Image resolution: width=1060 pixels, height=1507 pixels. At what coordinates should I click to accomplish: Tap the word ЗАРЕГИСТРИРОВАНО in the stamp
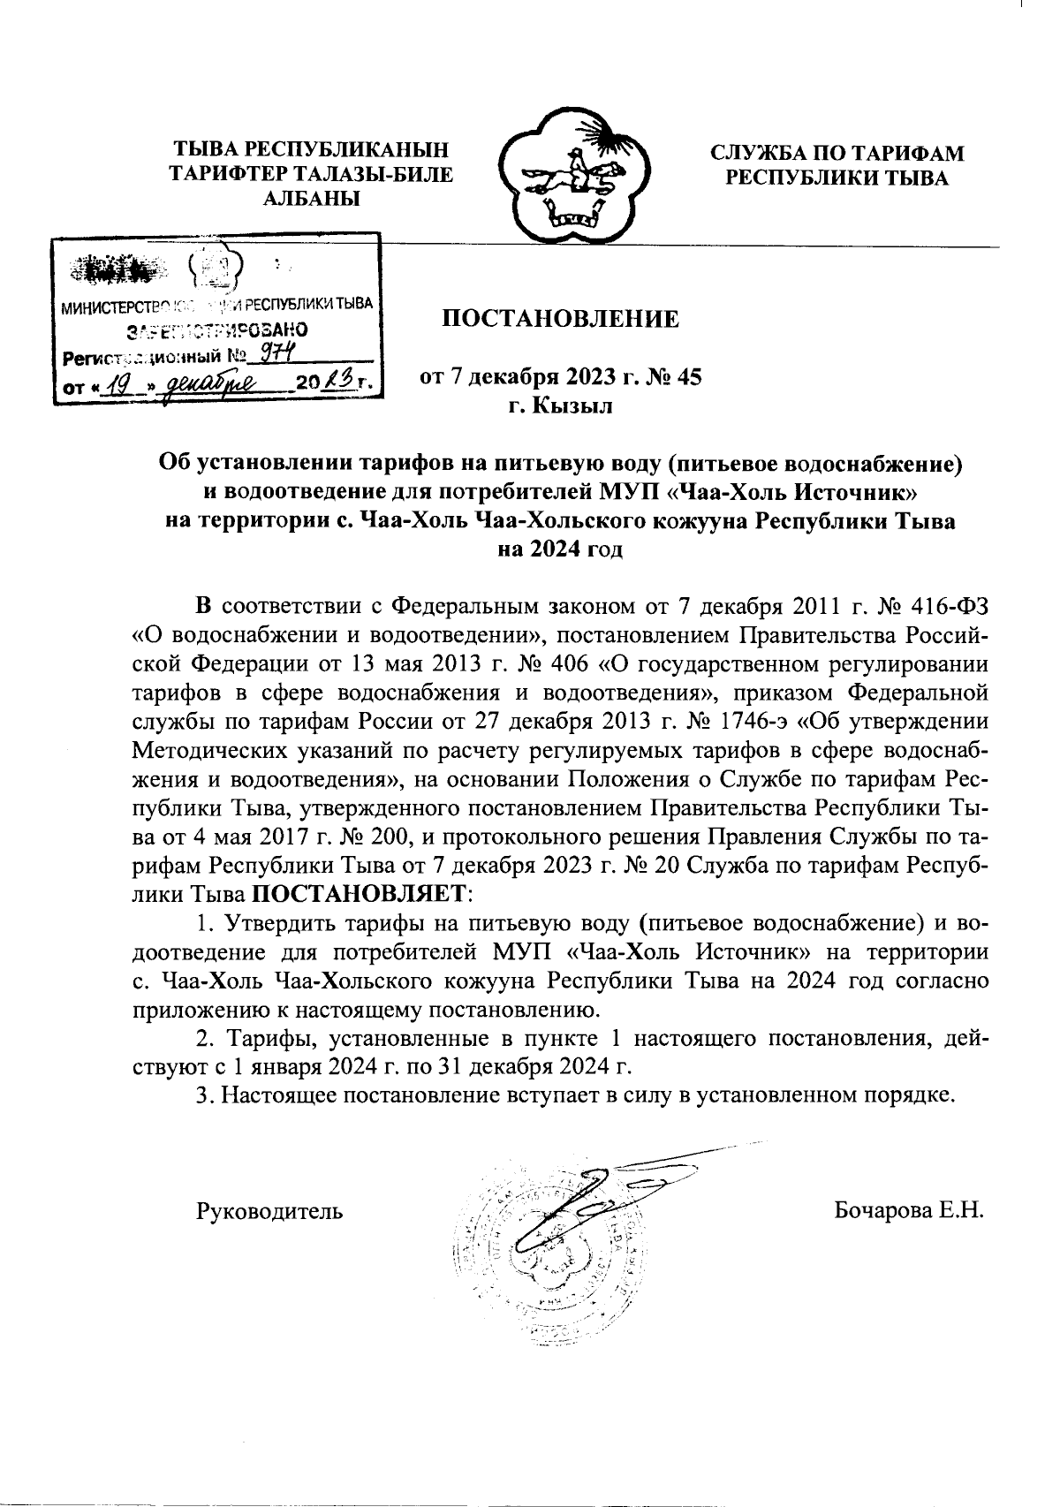(217, 332)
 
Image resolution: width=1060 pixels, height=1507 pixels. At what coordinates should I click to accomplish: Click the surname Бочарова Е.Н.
(909, 1209)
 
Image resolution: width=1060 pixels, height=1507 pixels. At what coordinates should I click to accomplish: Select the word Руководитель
(269, 1209)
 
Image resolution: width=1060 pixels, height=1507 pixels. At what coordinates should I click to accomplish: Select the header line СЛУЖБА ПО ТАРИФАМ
(837, 153)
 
